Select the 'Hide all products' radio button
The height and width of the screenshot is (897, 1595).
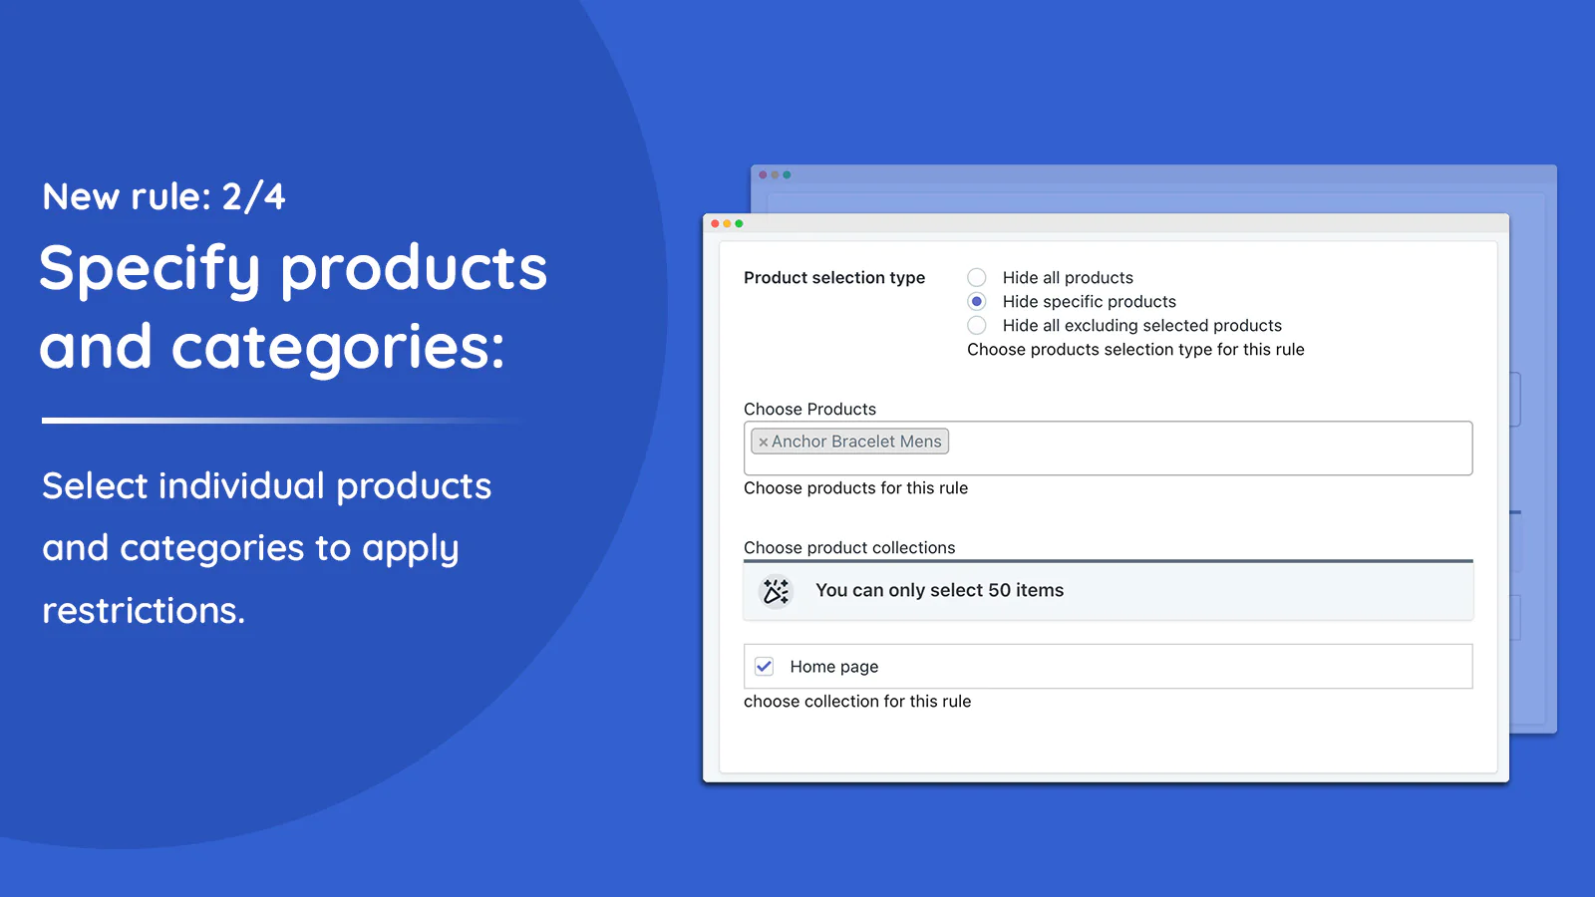(976, 277)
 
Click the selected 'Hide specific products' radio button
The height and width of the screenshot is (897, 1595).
(976, 301)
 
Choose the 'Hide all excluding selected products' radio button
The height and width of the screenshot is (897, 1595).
(976, 325)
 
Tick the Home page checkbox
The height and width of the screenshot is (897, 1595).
(764, 667)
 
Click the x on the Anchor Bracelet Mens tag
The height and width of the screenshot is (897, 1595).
(763, 443)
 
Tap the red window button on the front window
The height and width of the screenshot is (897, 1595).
(715, 223)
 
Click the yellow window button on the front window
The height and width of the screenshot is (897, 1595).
(727, 223)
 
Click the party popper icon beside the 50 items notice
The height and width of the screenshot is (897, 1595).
(776, 591)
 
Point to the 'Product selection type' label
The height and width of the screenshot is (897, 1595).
(834, 278)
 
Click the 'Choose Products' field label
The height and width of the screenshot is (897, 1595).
(809, 410)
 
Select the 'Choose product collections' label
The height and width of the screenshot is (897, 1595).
(849, 547)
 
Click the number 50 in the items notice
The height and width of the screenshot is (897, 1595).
(999, 590)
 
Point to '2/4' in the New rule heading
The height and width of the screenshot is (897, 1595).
(253, 196)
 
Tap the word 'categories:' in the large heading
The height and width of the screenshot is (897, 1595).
(338, 348)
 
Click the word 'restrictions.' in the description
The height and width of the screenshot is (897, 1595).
(144, 611)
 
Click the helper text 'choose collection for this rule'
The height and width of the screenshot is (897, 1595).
(857, 702)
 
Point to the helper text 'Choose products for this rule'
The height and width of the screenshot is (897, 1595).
(856, 487)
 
